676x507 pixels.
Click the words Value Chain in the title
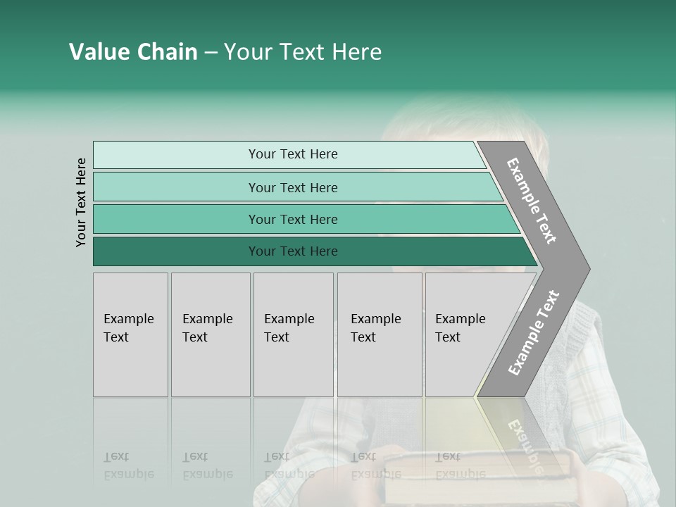pos(133,52)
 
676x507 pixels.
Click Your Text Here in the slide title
pos(303,52)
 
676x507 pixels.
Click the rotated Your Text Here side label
pos(82,202)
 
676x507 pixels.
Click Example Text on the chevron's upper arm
pos(532,201)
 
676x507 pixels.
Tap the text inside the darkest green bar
pos(293,251)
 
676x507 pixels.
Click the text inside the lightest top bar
pos(293,154)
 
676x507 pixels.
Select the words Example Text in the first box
pos(128,327)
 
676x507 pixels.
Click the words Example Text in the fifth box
pos(460,327)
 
